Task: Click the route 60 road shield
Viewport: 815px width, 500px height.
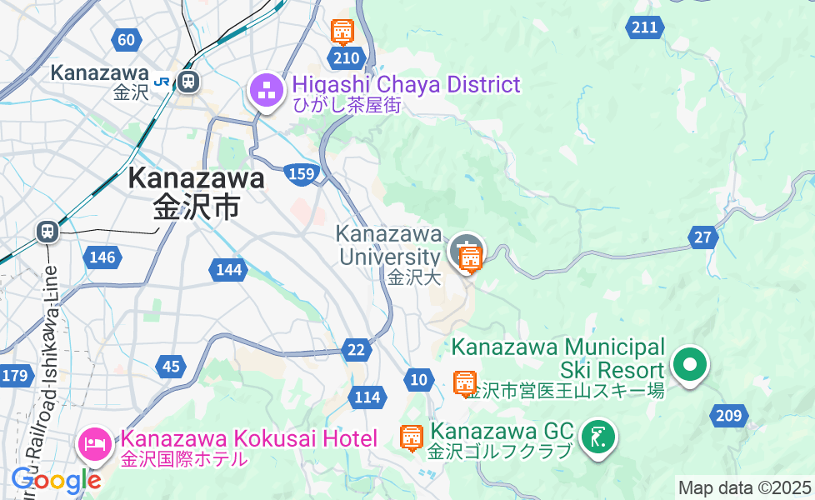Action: pos(126,39)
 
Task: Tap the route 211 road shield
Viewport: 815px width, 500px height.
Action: pos(643,28)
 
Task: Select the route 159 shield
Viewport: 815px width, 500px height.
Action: pos(301,173)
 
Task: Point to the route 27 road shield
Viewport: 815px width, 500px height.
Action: pos(703,237)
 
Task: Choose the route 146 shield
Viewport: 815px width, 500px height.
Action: pos(102,257)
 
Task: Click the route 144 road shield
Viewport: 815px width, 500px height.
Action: pos(228,269)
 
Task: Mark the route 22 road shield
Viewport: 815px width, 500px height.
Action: pos(356,350)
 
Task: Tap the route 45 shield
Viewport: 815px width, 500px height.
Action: pos(171,366)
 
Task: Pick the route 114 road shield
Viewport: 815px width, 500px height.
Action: pos(367,397)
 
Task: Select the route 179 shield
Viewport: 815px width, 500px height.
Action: pos(15,376)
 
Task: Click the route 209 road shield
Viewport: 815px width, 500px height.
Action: pos(727,415)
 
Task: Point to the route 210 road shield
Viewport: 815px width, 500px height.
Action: pos(346,58)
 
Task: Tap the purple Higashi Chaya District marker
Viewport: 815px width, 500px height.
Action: pos(267,93)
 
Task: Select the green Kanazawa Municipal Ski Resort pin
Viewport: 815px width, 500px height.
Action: pos(690,365)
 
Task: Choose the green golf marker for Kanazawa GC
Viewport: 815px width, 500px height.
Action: pos(597,437)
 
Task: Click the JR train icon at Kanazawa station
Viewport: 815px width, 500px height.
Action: pos(188,81)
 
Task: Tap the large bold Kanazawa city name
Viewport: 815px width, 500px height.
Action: pos(197,178)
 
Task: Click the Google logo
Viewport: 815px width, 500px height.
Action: pos(56,480)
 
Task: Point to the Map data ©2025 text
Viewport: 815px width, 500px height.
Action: pos(744,487)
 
